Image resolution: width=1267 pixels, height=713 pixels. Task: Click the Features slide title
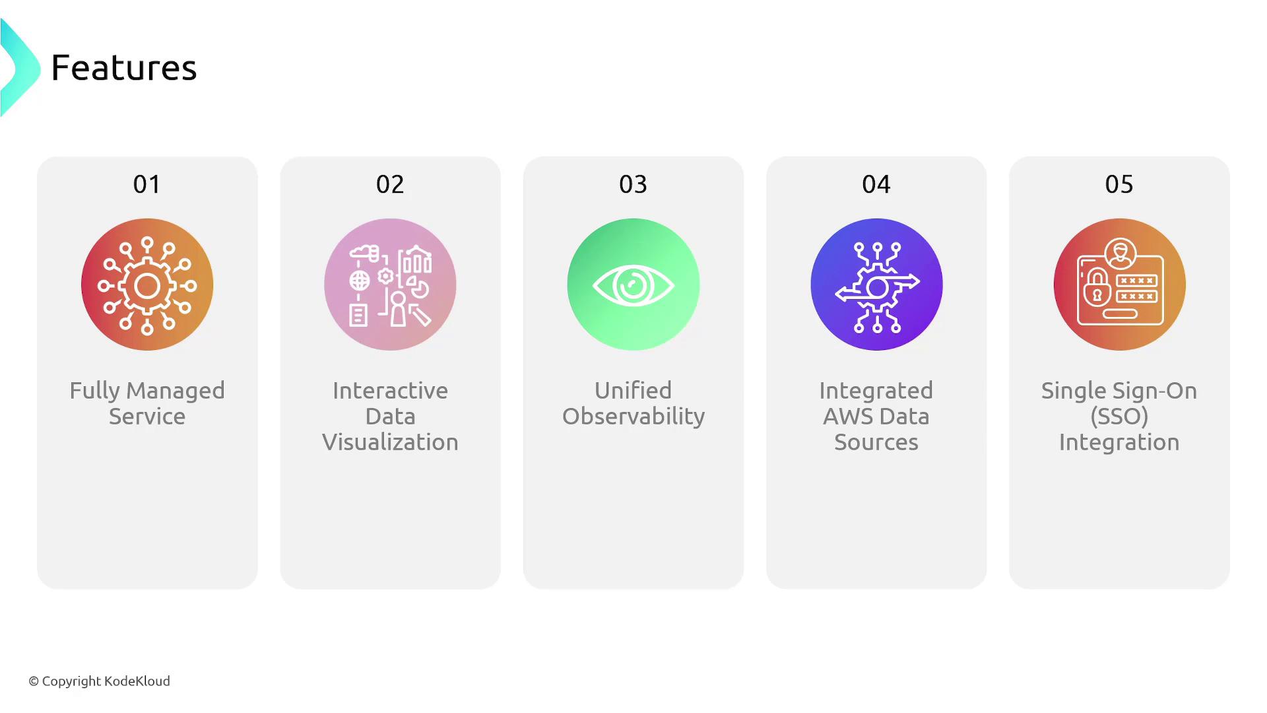pyautogui.click(x=124, y=67)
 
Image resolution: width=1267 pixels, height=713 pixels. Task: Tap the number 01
pyautogui.click(x=146, y=184)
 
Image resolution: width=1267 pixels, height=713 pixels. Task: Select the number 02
pyautogui.click(x=390, y=184)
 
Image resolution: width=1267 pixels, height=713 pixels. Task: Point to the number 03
pyautogui.click(x=633, y=184)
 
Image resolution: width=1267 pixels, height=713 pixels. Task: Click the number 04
pyautogui.click(x=876, y=184)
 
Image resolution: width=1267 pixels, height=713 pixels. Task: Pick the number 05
pyautogui.click(x=1119, y=184)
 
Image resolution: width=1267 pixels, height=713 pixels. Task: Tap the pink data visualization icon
pyautogui.click(x=390, y=285)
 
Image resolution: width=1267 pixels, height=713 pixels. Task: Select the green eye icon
pyautogui.click(x=633, y=285)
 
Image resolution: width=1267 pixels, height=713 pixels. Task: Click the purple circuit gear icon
pyautogui.click(x=876, y=285)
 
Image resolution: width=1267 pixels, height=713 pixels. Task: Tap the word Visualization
pyautogui.click(x=390, y=442)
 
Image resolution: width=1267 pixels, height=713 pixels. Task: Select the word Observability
pyautogui.click(x=633, y=417)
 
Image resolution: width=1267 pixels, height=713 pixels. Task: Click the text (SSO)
pyautogui.click(x=1119, y=417)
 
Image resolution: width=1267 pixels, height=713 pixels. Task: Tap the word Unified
pyautogui.click(x=633, y=390)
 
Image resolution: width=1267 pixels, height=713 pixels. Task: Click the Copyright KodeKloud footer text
pyautogui.click(x=99, y=681)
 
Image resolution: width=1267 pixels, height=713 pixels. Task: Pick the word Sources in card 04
pyautogui.click(x=876, y=442)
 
